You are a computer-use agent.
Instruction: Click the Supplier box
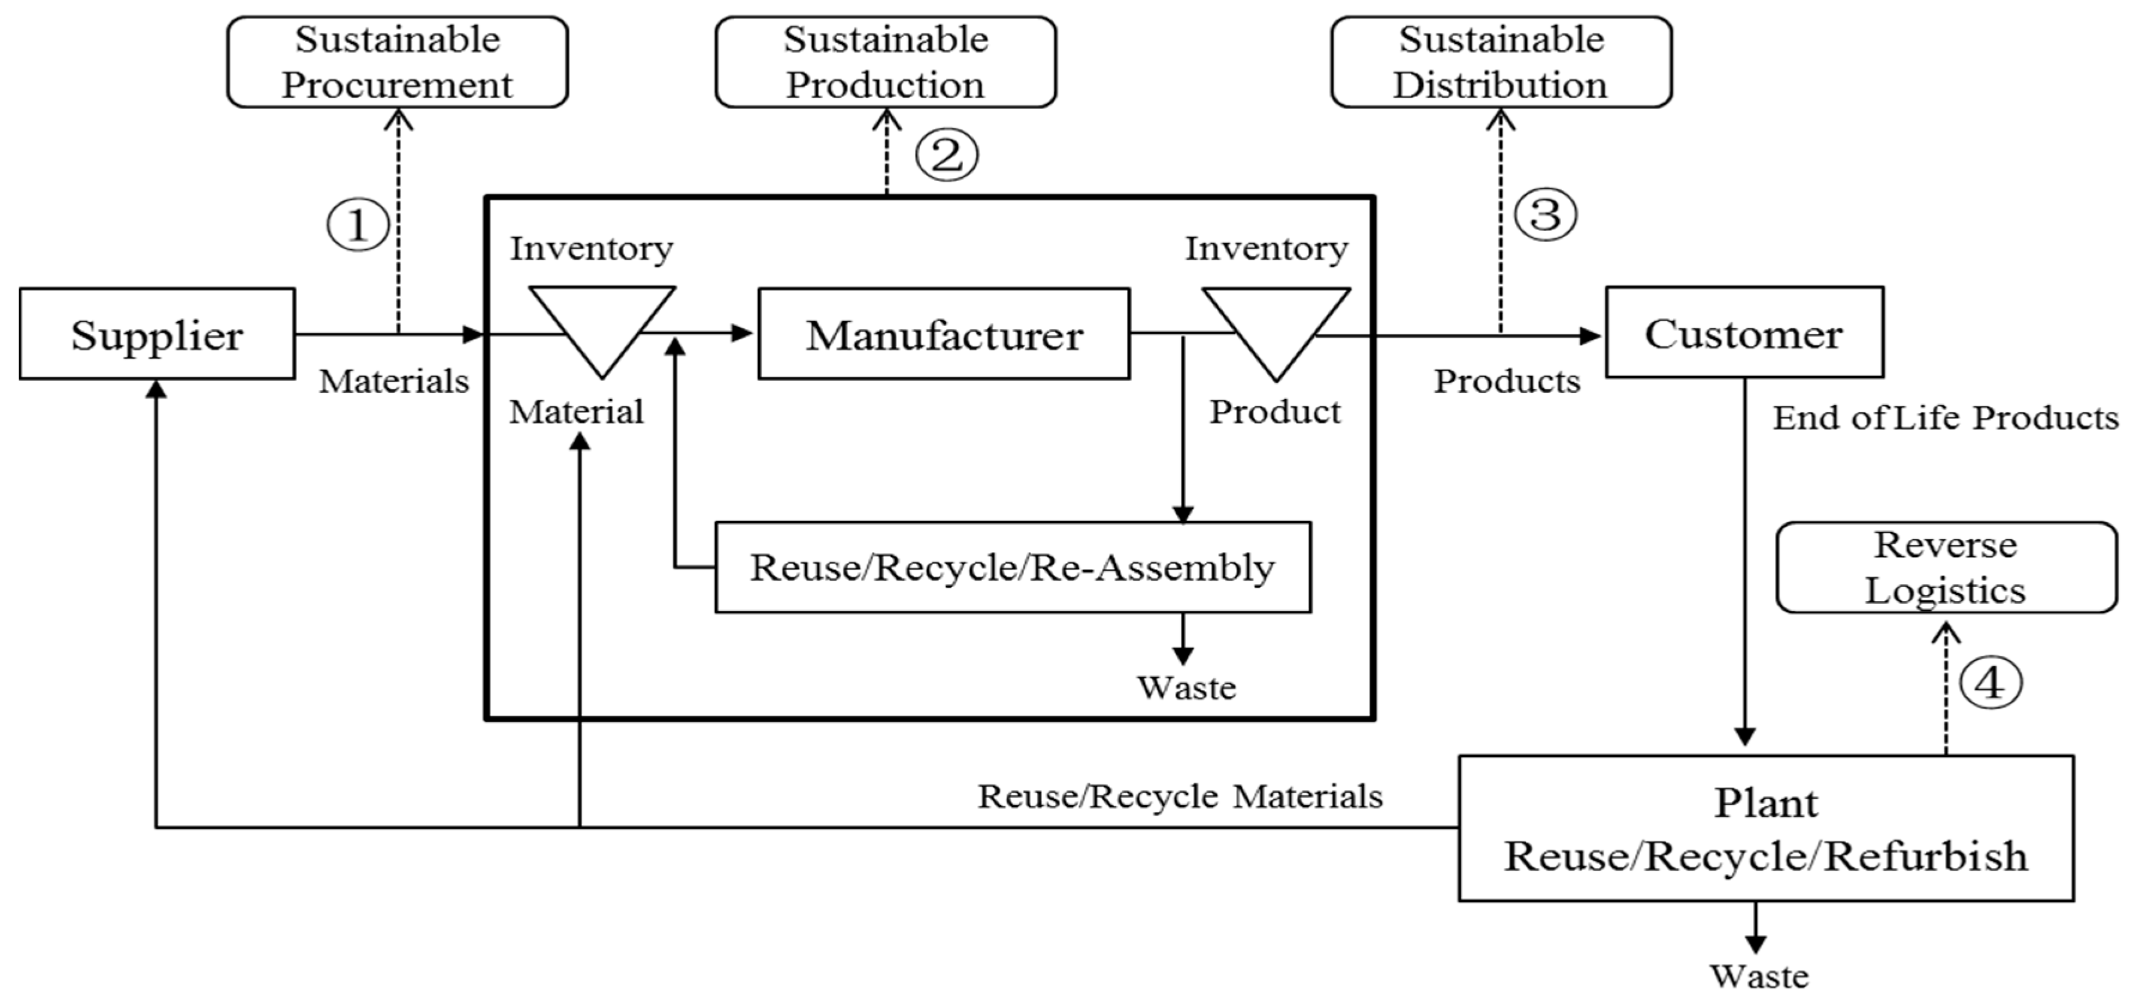pos(157,334)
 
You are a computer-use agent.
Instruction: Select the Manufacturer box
pos(944,334)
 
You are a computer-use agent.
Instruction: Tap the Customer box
pos(1744,332)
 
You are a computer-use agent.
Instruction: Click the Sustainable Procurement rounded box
pos(397,62)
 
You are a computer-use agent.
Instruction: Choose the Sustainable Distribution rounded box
pos(1500,62)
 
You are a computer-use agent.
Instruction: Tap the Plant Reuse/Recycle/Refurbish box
pos(1765,828)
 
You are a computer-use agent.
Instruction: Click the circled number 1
pos(357,225)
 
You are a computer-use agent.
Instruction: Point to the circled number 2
pos(946,155)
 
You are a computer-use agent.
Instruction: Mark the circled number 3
pos(1545,215)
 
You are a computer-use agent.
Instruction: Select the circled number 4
pos(1990,684)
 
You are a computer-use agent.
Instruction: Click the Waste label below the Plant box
pos(1759,977)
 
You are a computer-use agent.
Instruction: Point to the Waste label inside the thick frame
pos(1186,688)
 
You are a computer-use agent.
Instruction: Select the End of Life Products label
pos(1944,418)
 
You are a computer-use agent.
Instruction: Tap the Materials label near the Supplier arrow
pos(394,381)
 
